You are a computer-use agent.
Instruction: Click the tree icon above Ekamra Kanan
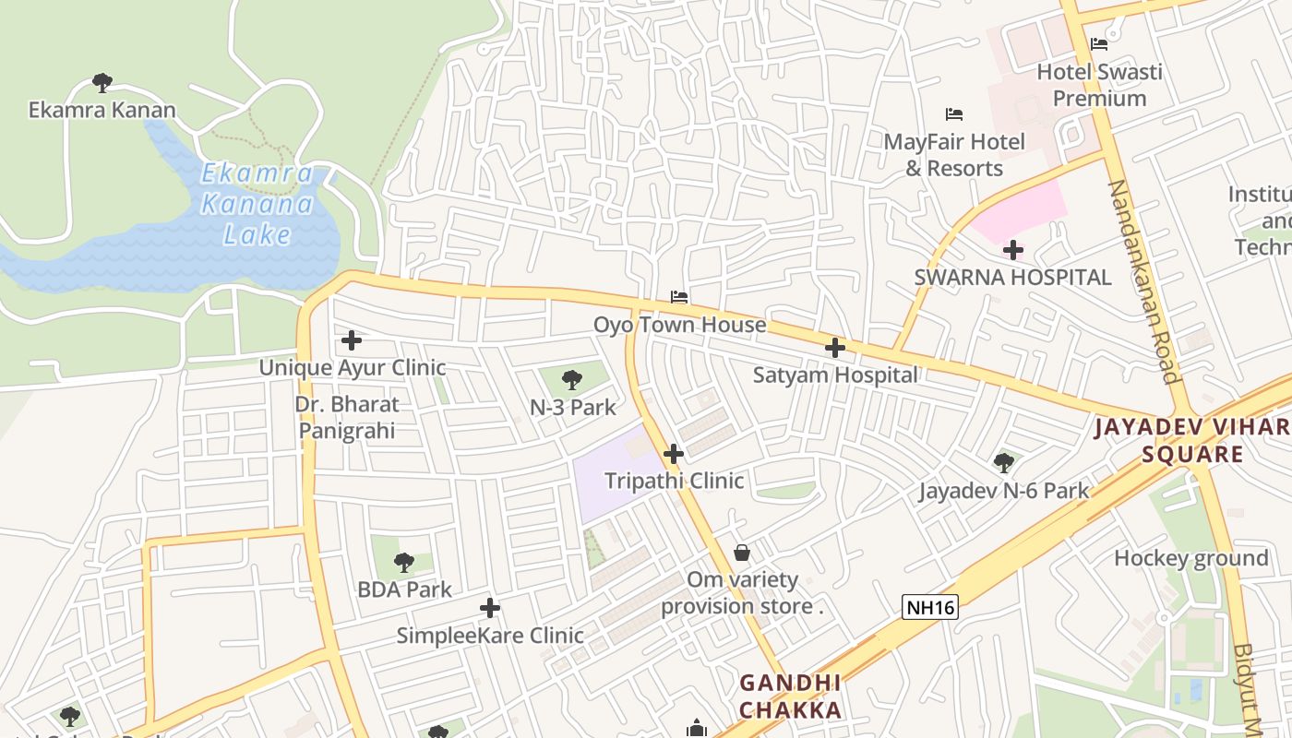[102, 83]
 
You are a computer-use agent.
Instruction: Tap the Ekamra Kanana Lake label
[257, 204]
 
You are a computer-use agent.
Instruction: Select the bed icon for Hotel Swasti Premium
[1098, 43]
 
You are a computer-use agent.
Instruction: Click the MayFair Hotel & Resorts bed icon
[954, 114]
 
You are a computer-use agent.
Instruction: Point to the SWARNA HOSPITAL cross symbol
[1013, 250]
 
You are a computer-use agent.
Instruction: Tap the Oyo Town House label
[679, 325]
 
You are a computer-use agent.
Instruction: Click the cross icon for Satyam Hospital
[835, 348]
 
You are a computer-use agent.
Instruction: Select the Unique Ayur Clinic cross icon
[352, 340]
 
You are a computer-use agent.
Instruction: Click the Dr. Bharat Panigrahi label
[347, 417]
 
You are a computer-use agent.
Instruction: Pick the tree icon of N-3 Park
[572, 379]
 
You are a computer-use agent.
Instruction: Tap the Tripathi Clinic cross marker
[674, 454]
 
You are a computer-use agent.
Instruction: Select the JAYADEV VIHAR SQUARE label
[1191, 440]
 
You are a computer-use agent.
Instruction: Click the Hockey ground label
[1190, 558]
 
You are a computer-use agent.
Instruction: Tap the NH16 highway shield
[930, 606]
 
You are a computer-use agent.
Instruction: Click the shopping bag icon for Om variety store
[741, 553]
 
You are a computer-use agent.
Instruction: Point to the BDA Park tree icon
[403, 562]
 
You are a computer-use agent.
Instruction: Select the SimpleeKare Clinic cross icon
[490, 608]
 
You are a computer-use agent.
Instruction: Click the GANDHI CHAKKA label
[791, 696]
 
